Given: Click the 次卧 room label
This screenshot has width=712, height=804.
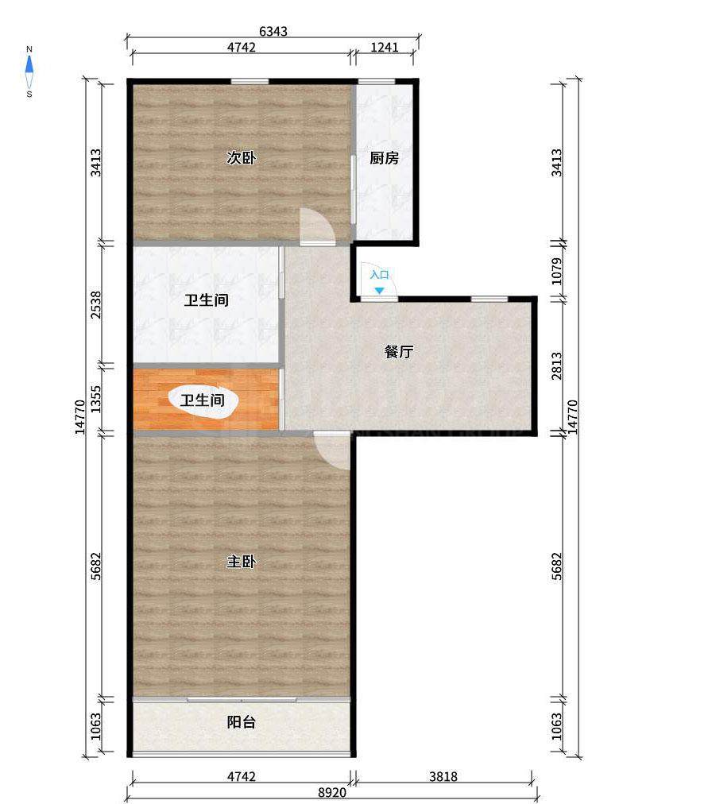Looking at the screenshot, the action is coord(241,157).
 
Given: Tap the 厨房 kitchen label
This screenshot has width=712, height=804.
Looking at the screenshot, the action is coord(385,157).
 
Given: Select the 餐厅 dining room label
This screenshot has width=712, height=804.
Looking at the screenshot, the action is coord(399,351).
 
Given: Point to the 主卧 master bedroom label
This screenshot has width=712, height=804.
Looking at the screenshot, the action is coord(241,562).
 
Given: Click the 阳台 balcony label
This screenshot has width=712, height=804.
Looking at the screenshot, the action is coord(241,722).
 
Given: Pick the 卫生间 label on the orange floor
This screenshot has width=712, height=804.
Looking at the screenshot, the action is coord(203,400).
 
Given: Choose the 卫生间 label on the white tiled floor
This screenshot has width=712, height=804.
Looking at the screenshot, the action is coord(207,300).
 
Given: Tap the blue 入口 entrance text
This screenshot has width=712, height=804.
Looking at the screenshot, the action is coord(380,275).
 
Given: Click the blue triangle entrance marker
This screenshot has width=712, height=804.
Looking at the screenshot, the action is coord(378,291).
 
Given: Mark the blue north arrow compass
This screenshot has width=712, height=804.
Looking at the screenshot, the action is coord(29,72).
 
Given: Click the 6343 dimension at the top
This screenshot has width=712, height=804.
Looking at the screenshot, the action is coord(273,31).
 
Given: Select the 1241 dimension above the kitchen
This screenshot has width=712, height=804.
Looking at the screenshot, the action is coord(385,47).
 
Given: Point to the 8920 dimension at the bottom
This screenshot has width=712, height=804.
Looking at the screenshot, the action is coord(332,793).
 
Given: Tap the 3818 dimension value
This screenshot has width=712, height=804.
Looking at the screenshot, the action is coord(443,776).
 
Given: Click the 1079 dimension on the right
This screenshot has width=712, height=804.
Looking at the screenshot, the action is coord(556,271).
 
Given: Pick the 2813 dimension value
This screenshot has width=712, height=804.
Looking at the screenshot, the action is coord(556,365).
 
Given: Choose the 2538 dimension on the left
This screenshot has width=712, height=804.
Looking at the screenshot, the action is coord(96,305).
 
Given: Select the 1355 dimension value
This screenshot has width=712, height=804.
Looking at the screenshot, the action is coord(96,400).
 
